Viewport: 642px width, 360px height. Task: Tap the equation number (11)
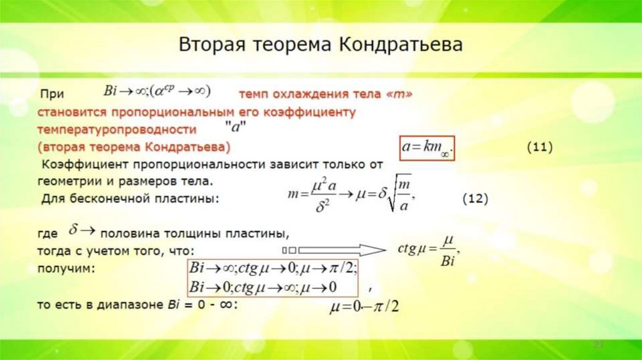coord(539,147)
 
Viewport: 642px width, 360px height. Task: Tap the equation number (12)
coord(475,199)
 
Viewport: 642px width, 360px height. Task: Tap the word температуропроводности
coord(117,130)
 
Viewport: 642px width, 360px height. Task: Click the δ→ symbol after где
coord(81,231)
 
